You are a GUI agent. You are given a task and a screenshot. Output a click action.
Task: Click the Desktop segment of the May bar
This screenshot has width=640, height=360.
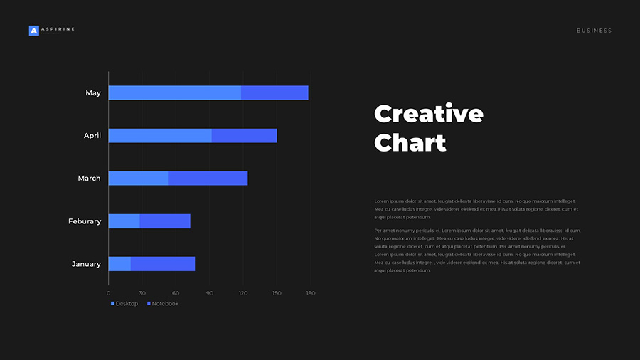174,93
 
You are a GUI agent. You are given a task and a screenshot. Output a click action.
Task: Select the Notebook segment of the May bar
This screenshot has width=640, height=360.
274,93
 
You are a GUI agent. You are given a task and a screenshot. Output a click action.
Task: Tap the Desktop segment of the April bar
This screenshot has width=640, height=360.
160,136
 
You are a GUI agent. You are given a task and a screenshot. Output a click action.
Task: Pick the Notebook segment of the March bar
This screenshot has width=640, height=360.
208,179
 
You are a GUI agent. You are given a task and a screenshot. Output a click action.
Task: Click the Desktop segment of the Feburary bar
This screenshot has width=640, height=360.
124,221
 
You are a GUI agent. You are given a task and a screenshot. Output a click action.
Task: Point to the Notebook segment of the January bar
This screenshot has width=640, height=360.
163,264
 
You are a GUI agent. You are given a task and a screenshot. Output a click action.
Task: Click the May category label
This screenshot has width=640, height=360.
93,93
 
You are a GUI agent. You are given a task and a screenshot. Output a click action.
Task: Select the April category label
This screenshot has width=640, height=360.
92,136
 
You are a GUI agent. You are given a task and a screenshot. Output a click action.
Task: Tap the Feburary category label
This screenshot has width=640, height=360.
85,221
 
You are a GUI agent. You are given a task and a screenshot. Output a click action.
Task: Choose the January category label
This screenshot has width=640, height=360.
86,264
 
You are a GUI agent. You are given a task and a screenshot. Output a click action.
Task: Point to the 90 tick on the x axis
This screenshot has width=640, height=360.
210,293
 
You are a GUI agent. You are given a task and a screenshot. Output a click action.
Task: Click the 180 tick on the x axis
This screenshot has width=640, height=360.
310,293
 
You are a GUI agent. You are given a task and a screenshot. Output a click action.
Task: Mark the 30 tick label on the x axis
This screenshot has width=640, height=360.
142,293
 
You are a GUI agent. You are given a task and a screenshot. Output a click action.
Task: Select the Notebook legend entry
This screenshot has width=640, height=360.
163,304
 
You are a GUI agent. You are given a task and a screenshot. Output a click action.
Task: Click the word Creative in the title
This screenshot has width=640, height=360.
429,114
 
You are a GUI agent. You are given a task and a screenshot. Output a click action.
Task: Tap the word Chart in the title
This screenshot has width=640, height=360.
410,143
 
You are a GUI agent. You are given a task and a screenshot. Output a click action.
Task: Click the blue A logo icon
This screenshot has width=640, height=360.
33,31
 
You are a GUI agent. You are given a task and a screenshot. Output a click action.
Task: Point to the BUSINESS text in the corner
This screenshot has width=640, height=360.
594,31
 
